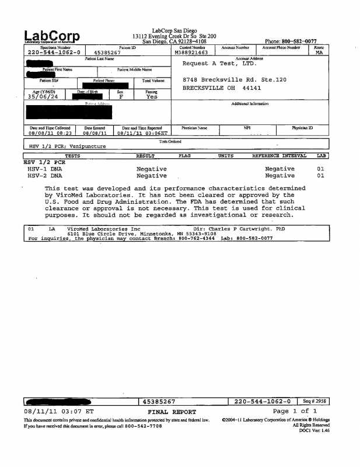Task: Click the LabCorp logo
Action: [52, 36]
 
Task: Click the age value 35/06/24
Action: [43, 97]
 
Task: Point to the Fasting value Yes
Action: [152, 97]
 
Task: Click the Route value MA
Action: [319, 53]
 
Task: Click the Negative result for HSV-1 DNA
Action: [152, 169]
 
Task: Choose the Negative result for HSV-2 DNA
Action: [152, 175]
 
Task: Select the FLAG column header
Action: [184, 156]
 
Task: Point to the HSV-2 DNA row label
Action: [44, 175]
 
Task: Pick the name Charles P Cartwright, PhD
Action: [257, 229]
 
